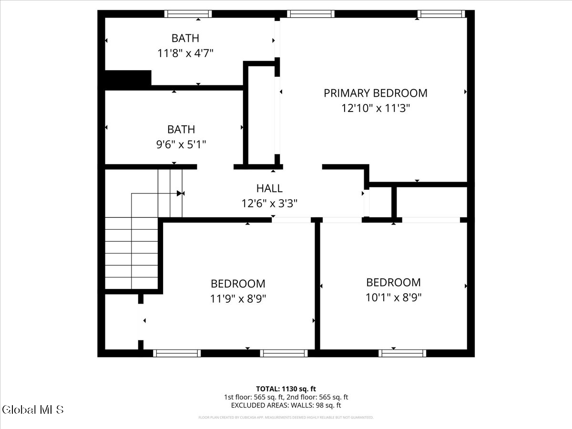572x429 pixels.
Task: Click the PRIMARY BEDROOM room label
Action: (375, 93)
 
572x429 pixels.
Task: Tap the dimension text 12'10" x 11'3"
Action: (375, 108)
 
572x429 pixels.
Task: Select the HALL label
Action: (269, 188)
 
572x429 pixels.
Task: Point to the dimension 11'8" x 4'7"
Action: (185, 53)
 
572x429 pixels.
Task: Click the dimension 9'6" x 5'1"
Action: (181, 144)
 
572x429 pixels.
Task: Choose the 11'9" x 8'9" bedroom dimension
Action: (238, 299)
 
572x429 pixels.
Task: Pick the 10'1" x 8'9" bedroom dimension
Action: (393, 297)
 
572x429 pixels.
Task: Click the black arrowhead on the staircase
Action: (180, 193)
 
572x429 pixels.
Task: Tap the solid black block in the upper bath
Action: (128, 79)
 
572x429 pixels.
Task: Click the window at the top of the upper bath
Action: (188, 14)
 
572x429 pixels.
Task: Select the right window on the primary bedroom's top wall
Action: (441, 14)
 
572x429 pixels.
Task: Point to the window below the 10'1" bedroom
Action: (402, 353)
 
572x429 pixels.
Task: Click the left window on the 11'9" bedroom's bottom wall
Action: (177, 353)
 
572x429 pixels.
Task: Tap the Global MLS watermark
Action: (32, 409)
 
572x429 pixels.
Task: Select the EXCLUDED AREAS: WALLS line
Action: (286, 405)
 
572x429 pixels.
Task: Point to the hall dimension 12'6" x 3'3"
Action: (269, 204)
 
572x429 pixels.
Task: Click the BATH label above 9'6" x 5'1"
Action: (181, 129)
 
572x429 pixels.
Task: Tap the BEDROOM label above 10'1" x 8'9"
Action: (393, 282)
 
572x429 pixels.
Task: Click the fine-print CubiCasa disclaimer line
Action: (286, 418)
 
